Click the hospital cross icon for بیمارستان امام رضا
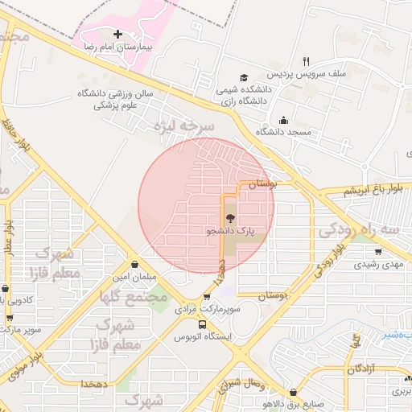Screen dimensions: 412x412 [x=119, y=35]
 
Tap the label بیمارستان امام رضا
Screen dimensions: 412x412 [x=118, y=48]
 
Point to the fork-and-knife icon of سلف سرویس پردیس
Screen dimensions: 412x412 [x=305, y=60]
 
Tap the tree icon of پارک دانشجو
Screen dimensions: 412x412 [x=230, y=218]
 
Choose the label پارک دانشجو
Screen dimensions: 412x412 [x=231, y=231]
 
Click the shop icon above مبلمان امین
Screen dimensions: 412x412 [x=133, y=263]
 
